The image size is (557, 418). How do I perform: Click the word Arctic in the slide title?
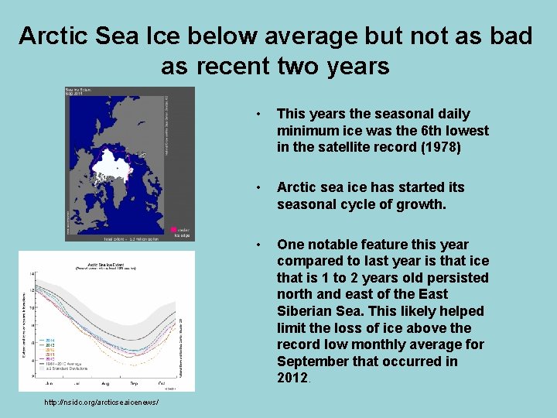(53, 36)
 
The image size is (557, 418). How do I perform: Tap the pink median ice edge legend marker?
(174, 230)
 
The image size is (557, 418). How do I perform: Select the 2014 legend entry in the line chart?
(50, 340)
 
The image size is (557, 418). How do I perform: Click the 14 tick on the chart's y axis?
(32, 274)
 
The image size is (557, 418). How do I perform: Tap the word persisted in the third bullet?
(460, 278)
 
